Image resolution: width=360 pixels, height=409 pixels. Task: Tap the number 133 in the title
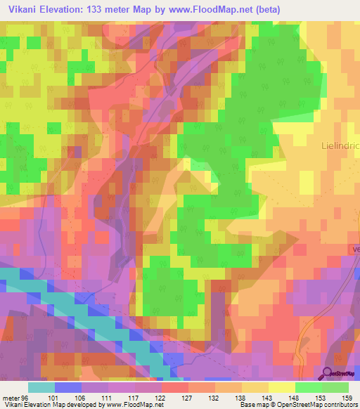98,9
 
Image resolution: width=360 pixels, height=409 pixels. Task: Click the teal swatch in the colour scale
41,387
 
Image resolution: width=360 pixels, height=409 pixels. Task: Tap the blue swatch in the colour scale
68,387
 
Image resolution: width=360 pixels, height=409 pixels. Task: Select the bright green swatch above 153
308,387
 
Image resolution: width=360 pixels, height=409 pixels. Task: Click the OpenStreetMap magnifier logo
328,374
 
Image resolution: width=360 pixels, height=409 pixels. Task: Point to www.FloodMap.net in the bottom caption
131,405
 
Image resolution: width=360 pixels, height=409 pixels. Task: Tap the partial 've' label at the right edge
355,248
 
